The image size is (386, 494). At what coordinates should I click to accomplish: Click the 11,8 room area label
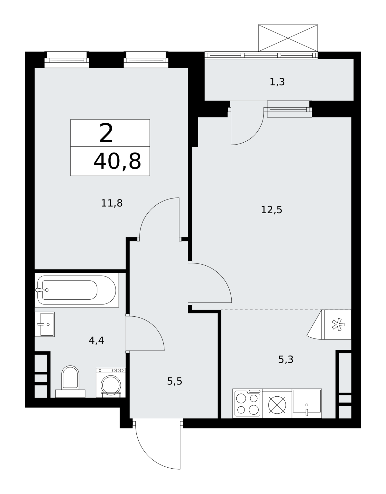pyautogui.click(x=112, y=203)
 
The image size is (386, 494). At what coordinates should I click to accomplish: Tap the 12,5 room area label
pyautogui.click(x=271, y=210)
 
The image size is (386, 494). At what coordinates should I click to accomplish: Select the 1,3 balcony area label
pyautogui.click(x=277, y=82)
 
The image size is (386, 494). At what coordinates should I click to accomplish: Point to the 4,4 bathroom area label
pyautogui.click(x=96, y=340)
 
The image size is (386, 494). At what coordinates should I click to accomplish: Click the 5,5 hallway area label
pyautogui.click(x=175, y=381)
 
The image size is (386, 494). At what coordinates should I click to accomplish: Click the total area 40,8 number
pyautogui.click(x=117, y=162)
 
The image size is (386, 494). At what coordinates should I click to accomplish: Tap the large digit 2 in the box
pyautogui.click(x=106, y=133)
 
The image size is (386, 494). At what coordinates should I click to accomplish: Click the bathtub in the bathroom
pyautogui.click(x=77, y=290)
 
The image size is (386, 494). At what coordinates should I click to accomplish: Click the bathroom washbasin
pyautogui.click(x=45, y=324)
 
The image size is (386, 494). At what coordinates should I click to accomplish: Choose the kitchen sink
pyautogui.click(x=307, y=403)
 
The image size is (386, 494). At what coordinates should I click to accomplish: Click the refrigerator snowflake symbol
pyautogui.click(x=338, y=325)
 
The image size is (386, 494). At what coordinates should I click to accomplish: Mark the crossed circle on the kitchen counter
pyautogui.click(x=277, y=405)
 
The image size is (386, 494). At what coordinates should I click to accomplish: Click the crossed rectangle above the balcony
pyautogui.click(x=288, y=38)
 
